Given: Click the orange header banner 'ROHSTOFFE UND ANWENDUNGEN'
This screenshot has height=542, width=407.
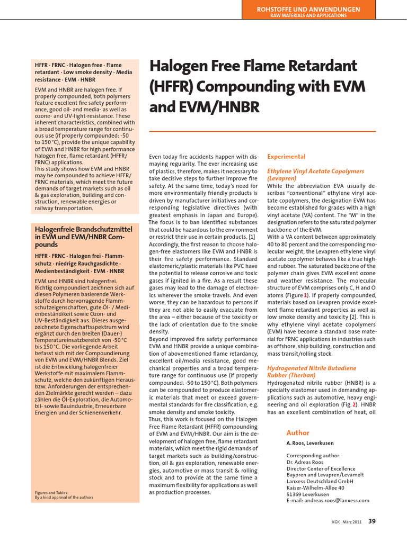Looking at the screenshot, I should coord(308,9).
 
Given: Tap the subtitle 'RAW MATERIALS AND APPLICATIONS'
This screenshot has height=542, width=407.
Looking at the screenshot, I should coord(308,16).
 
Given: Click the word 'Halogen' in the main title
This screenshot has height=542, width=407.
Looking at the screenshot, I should coord(183,67).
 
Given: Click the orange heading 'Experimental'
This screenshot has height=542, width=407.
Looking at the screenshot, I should coord(286,157).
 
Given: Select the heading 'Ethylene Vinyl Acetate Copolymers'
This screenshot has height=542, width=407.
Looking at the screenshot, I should coord(315,171).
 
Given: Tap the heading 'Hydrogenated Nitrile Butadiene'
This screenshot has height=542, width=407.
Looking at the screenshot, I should coord(312,367).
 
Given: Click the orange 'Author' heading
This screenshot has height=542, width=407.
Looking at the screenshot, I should coord(297,432).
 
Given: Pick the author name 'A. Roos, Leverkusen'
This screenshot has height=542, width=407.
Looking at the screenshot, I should coord(312,443).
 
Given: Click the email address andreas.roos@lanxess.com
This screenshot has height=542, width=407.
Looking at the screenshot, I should coord(328,500).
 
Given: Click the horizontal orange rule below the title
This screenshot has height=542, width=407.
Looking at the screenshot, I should coord(262,131).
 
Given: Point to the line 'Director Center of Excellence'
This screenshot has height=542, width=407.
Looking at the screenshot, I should coord(321,468).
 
